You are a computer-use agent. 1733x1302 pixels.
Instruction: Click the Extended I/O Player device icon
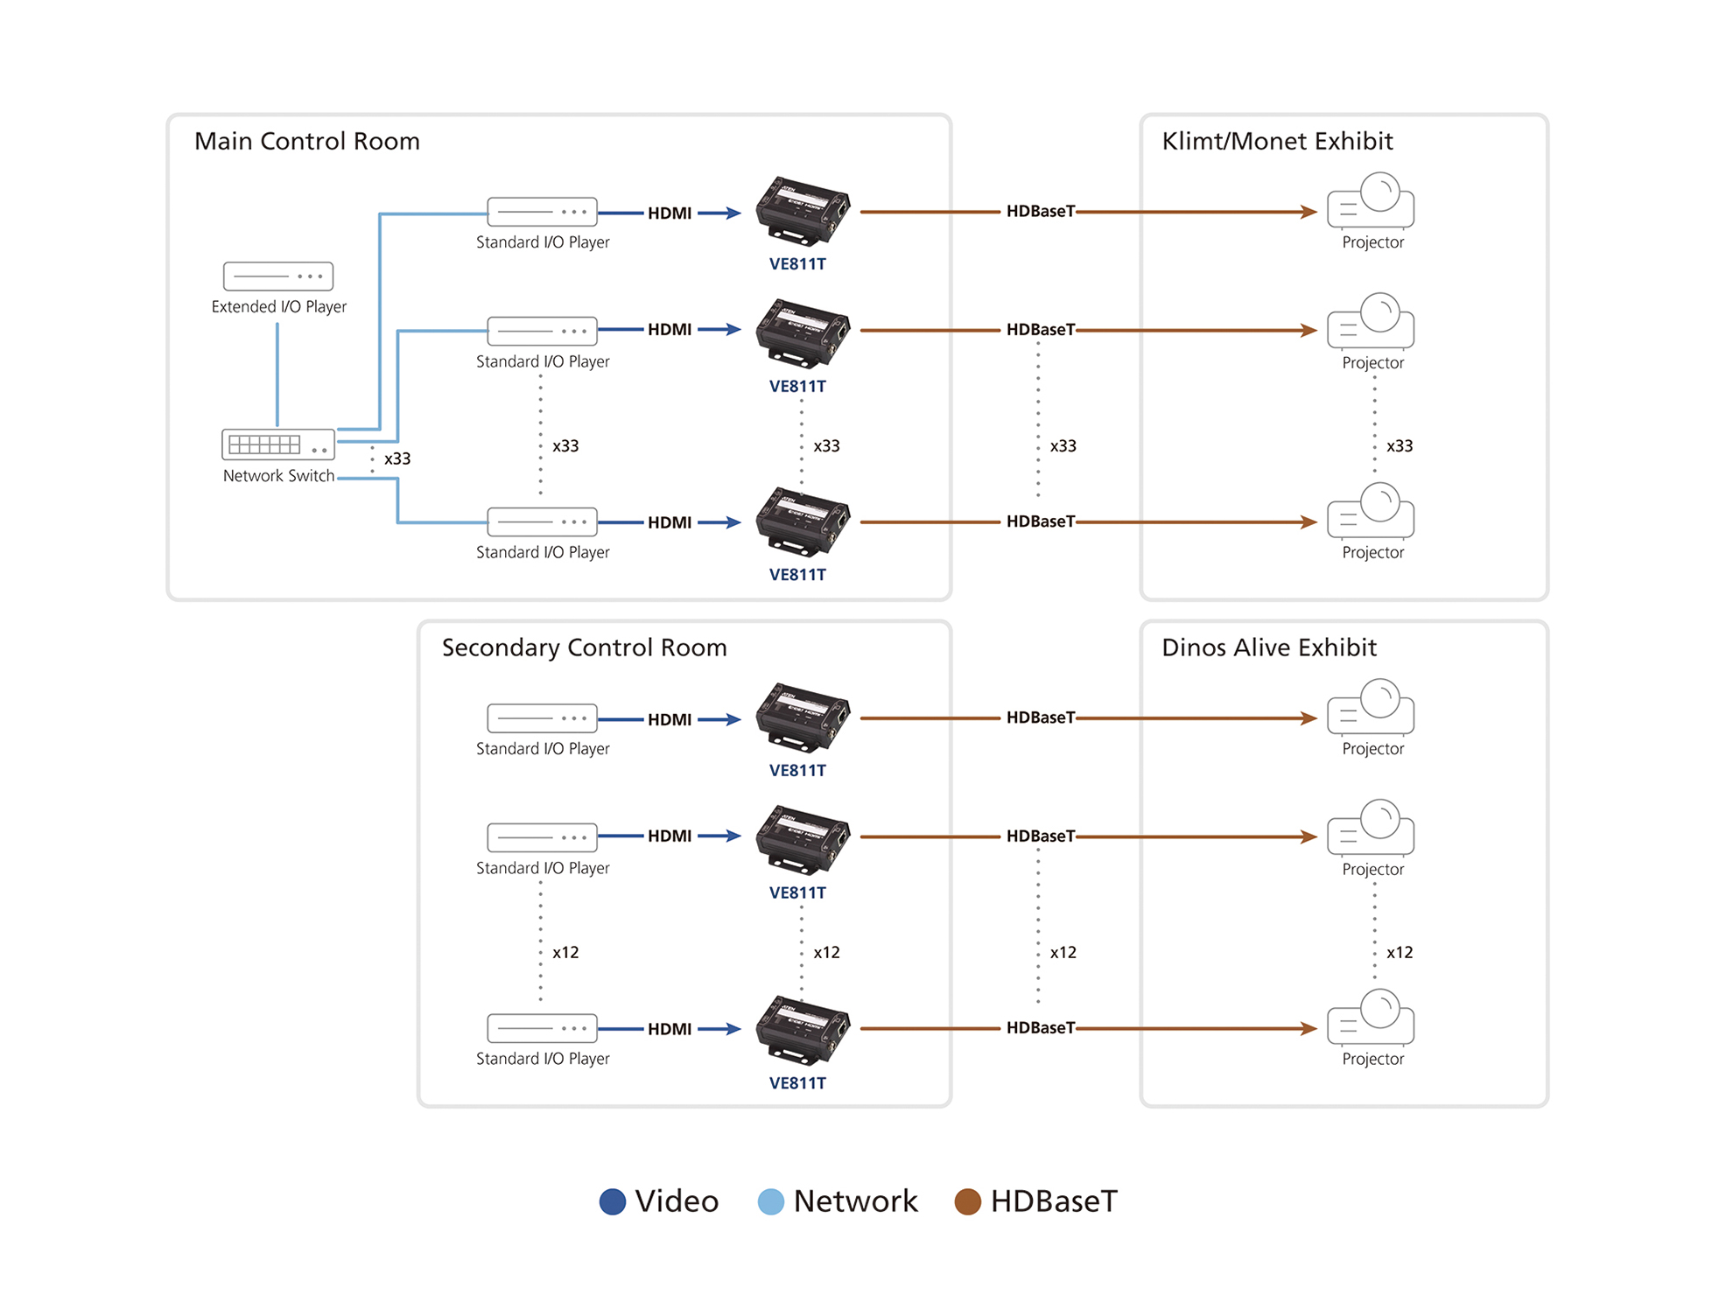[x=278, y=276]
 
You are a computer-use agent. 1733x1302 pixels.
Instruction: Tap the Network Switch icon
[x=278, y=444]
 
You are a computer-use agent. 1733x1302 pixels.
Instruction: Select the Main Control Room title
[x=307, y=141]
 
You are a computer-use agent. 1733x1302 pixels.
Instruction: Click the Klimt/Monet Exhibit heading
[x=1277, y=141]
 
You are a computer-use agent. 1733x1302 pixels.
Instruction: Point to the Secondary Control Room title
[x=584, y=647]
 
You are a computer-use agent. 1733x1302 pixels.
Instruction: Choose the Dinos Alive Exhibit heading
[x=1268, y=647]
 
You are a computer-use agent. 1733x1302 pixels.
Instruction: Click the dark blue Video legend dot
[x=613, y=1201]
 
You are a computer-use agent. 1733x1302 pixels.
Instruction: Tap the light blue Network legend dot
[x=770, y=1201]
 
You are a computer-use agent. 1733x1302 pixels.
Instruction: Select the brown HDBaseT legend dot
[x=967, y=1201]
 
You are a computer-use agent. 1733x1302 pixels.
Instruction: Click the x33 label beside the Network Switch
[x=397, y=458]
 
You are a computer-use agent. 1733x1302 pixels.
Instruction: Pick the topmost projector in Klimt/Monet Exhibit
[x=1371, y=200]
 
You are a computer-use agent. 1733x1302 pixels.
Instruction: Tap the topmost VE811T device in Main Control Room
[x=803, y=210]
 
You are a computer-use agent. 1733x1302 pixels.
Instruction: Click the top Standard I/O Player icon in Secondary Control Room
[x=542, y=718]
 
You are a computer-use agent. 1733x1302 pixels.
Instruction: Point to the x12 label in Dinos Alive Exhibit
[x=1400, y=952]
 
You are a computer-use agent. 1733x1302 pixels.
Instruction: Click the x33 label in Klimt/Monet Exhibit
[x=1400, y=445]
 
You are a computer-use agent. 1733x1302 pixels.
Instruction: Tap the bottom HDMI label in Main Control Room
[x=670, y=522]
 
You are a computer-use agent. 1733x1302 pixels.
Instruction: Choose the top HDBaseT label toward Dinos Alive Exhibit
[x=1040, y=717]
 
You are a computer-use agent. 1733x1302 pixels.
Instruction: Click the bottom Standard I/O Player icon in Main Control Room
[x=542, y=521]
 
